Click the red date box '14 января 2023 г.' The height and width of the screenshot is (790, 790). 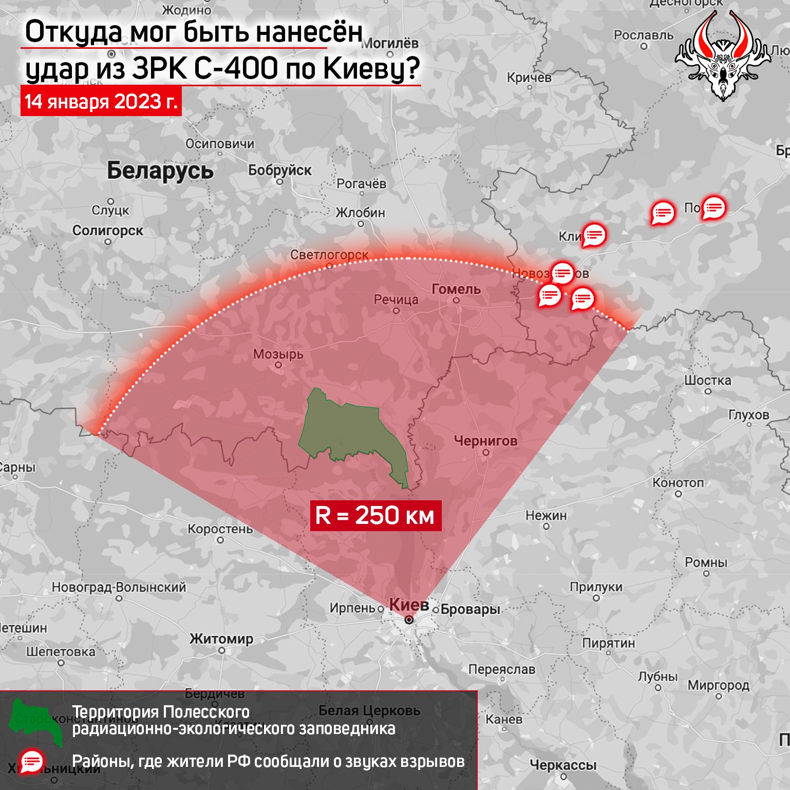(x=101, y=102)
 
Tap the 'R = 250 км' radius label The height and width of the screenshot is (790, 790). (x=375, y=515)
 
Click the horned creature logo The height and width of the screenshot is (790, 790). (x=723, y=57)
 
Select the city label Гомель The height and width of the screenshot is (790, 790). (x=456, y=289)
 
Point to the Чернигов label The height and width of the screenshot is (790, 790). (x=485, y=441)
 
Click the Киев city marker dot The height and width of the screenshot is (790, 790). (x=409, y=620)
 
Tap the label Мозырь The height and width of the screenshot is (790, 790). (x=278, y=354)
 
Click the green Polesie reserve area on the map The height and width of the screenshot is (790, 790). (x=349, y=431)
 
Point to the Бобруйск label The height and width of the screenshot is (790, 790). (x=279, y=170)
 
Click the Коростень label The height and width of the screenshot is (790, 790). (x=220, y=529)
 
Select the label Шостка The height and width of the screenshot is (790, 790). (x=707, y=381)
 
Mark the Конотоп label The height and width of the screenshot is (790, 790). (x=678, y=483)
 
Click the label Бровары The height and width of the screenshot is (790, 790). (x=470, y=610)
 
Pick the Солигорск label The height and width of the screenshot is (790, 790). (x=107, y=231)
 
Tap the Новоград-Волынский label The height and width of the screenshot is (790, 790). (x=119, y=587)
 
